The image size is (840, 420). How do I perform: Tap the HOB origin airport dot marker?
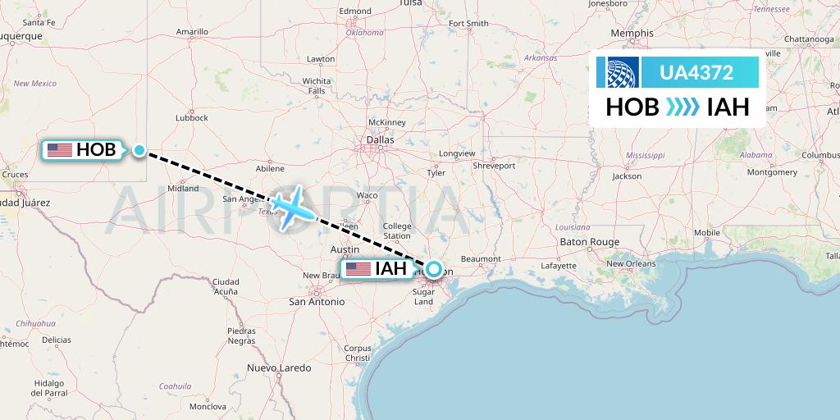[139, 150]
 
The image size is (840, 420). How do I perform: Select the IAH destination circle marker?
[432, 268]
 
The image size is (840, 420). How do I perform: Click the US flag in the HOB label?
[60, 150]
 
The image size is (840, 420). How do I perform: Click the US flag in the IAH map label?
[358, 269]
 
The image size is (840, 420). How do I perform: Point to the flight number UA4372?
[696, 72]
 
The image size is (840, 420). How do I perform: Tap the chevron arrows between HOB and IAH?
[682, 107]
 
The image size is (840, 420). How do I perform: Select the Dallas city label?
[380, 139]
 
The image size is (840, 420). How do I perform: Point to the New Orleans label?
[631, 263]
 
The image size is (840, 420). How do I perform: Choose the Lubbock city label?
[192, 117]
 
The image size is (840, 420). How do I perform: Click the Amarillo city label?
[192, 33]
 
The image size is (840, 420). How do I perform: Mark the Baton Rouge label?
[590, 242]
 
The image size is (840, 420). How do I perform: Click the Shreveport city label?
[494, 166]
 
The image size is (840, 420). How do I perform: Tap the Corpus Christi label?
[358, 354]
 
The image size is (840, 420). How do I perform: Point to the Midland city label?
[183, 188]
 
